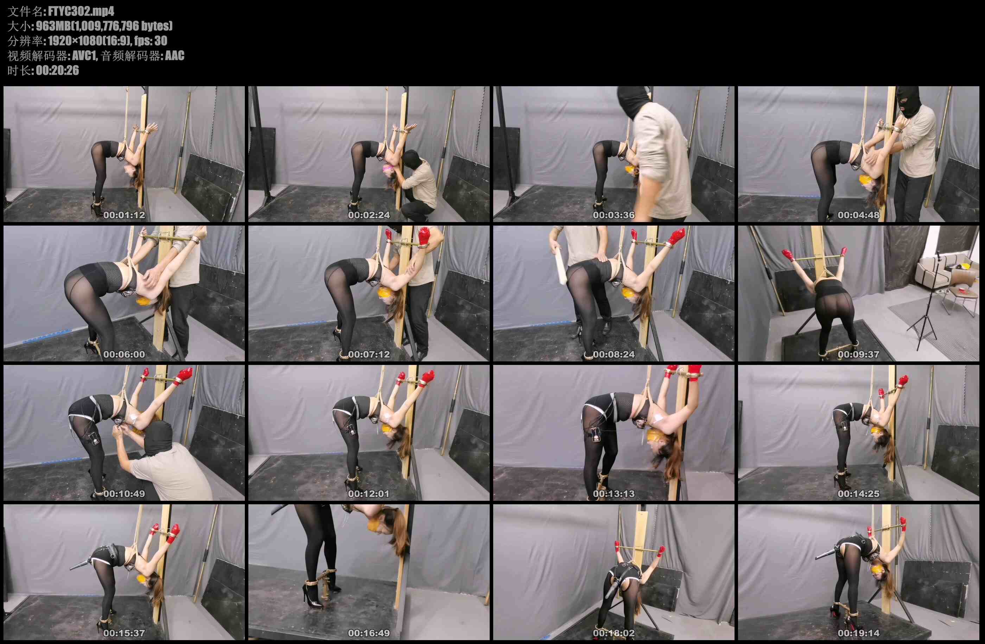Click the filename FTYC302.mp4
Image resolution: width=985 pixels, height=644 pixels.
coord(81,11)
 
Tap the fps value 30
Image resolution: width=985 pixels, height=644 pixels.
coord(161,40)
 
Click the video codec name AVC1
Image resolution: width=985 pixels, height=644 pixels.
coord(84,56)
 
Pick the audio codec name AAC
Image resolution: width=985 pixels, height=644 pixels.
coord(174,56)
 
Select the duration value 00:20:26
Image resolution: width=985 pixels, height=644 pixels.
coord(58,70)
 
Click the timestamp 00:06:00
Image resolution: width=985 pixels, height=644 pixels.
coord(124,354)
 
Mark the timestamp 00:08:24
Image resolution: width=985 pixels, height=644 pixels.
coord(614,354)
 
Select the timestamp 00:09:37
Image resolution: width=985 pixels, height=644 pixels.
coord(858,354)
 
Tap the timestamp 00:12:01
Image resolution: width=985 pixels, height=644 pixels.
coord(369,494)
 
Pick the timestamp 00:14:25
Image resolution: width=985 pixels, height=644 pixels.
coord(858,494)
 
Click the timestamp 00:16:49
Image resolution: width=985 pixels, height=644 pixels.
coord(369,633)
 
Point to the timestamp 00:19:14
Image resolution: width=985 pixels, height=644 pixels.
coord(858,633)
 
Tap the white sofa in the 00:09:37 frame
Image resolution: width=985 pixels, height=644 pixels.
coord(938,271)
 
